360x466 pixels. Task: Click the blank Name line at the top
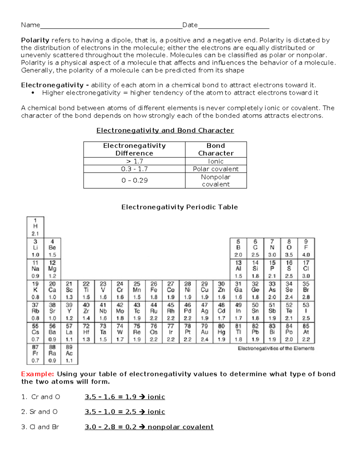tap(111, 26)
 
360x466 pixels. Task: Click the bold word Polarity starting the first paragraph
tap(35, 40)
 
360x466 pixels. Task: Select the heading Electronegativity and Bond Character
tap(165, 131)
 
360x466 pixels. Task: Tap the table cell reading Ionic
tap(216, 161)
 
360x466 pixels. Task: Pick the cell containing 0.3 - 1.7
tap(134, 169)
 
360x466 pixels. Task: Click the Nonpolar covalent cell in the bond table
tap(216, 181)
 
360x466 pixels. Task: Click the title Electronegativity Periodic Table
tap(179, 207)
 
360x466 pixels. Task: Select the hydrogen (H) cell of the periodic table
tap(35, 227)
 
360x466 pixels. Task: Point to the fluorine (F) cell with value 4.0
tap(306, 248)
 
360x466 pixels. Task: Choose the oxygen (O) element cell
tap(289, 248)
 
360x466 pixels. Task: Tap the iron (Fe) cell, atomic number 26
tap(154, 290)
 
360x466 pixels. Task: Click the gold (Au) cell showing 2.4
tap(204, 332)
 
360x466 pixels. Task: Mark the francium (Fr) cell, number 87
tap(35, 354)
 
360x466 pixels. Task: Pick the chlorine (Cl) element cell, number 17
tap(306, 269)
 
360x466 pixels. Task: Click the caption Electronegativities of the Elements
tap(276, 348)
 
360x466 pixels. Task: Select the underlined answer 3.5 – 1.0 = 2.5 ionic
tap(125, 412)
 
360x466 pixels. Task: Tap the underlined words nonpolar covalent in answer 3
tap(180, 427)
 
